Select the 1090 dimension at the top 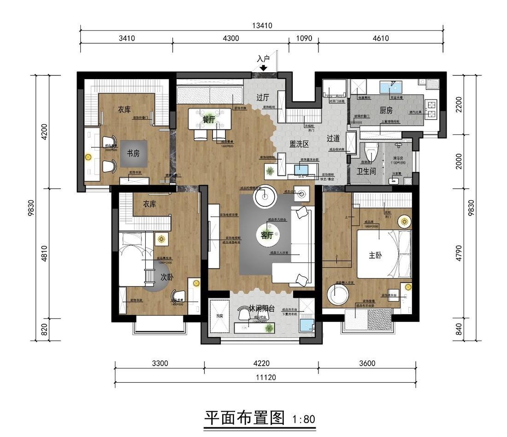pos(303,39)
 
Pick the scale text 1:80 pos(303,419)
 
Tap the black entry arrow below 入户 pos(263,68)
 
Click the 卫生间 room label pos(366,171)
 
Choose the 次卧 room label pos(167,277)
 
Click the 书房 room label pos(133,154)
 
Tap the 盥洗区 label pos(299,143)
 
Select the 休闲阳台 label pos(262,308)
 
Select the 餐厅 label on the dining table pos(209,119)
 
